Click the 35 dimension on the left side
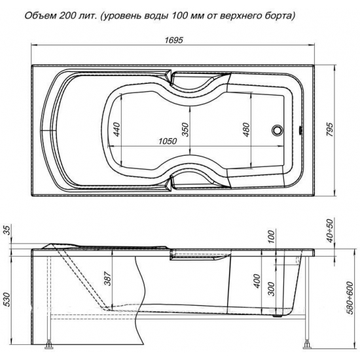click(8, 230)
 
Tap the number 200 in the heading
click(77, 13)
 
